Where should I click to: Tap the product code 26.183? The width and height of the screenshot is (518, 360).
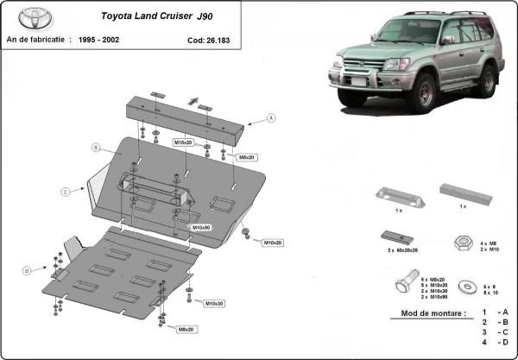[205, 40]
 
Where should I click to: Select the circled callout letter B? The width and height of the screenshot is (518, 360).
[97, 148]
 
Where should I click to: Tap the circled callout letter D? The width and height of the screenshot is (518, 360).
[27, 271]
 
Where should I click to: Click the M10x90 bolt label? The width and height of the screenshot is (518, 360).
[201, 227]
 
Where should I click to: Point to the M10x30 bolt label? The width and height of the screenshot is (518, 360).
[214, 304]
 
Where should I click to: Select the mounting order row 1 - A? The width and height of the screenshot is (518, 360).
[496, 312]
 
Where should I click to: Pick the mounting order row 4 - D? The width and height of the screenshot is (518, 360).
[496, 343]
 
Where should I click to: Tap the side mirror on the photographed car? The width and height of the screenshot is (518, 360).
[447, 40]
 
